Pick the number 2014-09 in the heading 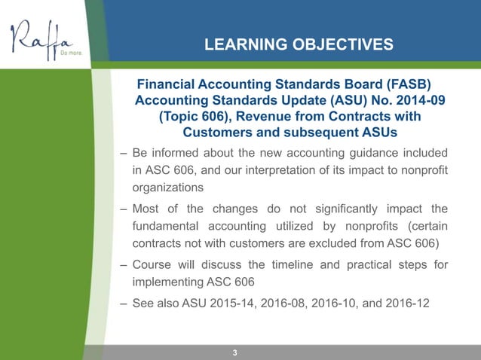(x=412, y=101)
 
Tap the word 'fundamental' (x=169, y=227)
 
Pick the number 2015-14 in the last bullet (x=234, y=304)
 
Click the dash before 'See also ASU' (x=123, y=304)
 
